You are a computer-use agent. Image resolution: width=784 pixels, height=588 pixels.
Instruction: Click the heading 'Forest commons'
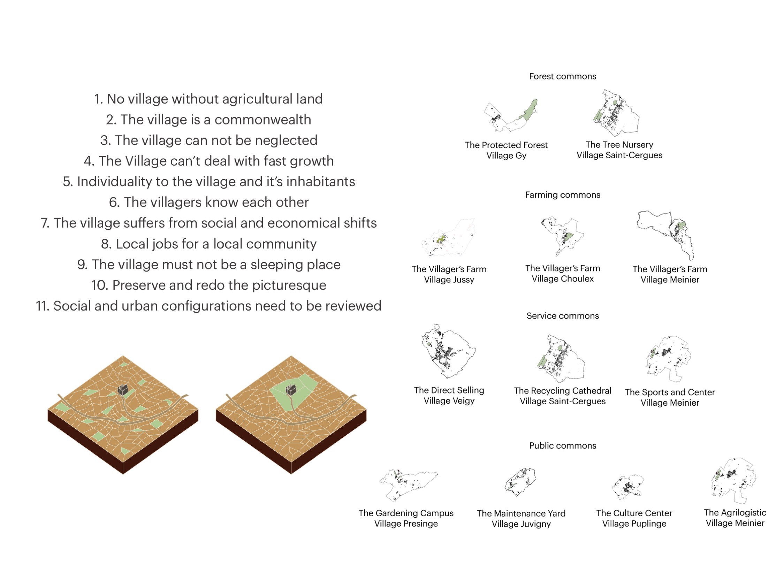[x=563, y=76]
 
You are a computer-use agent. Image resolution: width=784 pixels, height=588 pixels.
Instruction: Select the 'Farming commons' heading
[x=563, y=194]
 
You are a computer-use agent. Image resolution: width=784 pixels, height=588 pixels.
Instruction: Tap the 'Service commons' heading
[x=563, y=316]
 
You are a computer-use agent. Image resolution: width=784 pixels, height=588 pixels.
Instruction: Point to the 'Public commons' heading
[x=563, y=445]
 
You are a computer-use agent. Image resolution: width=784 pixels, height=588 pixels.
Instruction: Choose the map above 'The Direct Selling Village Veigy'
[x=449, y=352]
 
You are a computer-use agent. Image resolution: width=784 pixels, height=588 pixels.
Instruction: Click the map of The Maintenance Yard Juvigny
[x=520, y=482]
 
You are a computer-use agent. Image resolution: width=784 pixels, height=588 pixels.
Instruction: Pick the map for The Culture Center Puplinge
[x=628, y=487]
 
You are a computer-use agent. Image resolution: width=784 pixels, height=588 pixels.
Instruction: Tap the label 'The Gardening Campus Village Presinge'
[x=406, y=518]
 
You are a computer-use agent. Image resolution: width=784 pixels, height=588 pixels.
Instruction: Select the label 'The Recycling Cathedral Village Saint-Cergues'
[x=563, y=396]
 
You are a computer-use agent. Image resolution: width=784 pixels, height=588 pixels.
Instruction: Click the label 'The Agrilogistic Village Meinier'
[x=735, y=518]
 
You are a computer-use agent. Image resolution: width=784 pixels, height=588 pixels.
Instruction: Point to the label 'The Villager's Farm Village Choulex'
[x=563, y=273]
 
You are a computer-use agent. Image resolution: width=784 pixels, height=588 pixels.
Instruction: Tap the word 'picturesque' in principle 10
[x=289, y=285]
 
